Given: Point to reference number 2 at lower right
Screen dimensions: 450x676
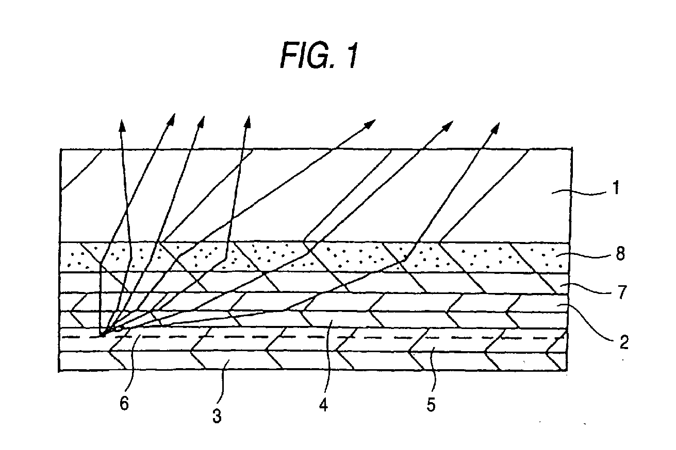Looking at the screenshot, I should [624, 342].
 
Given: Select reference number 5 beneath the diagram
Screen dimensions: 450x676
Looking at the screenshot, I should [431, 405].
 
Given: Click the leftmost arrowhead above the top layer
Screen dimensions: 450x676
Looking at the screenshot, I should [122, 125].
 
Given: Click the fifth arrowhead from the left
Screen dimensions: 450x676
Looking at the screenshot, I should [371, 124].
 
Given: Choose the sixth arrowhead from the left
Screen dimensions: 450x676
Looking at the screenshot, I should [448, 125].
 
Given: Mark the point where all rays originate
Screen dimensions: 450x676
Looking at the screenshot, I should [103, 336].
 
